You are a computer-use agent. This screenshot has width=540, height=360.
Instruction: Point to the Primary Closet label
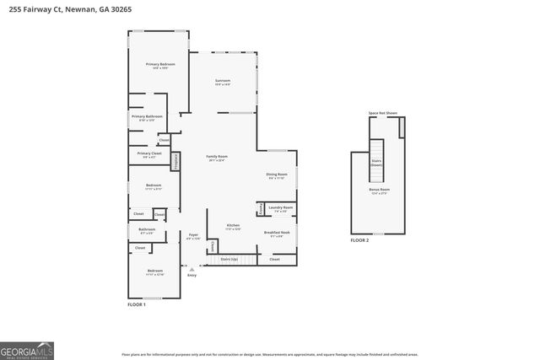(x=149, y=153)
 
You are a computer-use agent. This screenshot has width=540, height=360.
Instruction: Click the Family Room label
(x=218, y=157)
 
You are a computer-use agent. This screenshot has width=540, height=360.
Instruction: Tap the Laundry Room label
(x=281, y=208)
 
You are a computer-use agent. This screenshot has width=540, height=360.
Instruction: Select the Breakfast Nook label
(x=277, y=234)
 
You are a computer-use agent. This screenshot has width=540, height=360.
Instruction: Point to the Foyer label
(x=193, y=235)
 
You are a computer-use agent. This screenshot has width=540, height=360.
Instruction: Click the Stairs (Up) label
(x=229, y=259)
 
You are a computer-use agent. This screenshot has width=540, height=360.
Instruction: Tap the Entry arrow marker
(x=192, y=270)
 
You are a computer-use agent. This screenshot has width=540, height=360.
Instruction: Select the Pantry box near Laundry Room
(x=261, y=209)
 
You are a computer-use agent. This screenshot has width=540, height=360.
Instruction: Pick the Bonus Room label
(x=379, y=191)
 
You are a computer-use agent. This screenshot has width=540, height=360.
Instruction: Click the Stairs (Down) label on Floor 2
(x=376, y=164)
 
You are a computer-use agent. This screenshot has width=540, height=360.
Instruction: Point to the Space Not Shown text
(x=383, y=112)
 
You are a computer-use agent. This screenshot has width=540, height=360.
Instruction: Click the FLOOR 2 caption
(x=360, y=240)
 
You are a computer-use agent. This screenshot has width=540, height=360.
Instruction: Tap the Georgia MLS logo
(x=27, y=349)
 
